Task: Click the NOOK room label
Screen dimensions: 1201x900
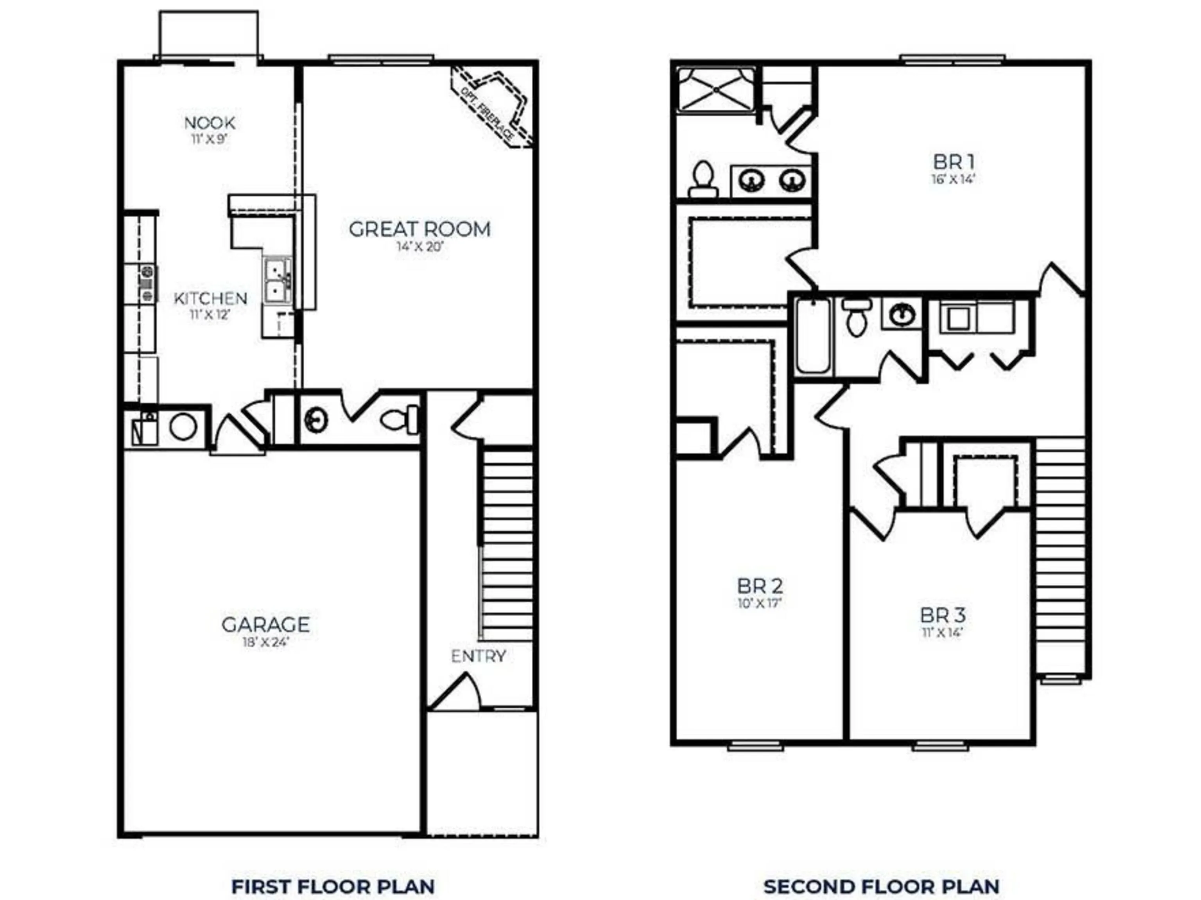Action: click(x=210, y=123)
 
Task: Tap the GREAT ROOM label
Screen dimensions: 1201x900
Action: click(x=420, y=229)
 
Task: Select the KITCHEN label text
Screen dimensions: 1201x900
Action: click(x=210, y=298)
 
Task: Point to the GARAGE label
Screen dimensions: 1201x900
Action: click(x=265, y=624)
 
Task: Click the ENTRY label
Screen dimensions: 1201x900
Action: click(x=479, y=656)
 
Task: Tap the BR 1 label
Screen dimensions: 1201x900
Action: click(x=954, y=162)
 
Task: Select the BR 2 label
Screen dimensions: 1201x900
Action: click(x=760, y=586)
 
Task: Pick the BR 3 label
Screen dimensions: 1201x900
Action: click(x=943, y=615)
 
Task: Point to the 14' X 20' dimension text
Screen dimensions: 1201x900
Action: click(x=420, y=247)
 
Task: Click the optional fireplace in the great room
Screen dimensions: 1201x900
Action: click(x=492, y=106)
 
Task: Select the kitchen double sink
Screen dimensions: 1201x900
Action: click(x=278, y=280)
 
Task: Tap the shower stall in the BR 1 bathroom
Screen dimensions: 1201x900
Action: click(x=716, y=90)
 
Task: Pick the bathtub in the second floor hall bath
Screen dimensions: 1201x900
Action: click(x=813, y=336)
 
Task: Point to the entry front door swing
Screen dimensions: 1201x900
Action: click(x=455, y=692)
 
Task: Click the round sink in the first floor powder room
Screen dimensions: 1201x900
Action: click(x=315, y=420)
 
